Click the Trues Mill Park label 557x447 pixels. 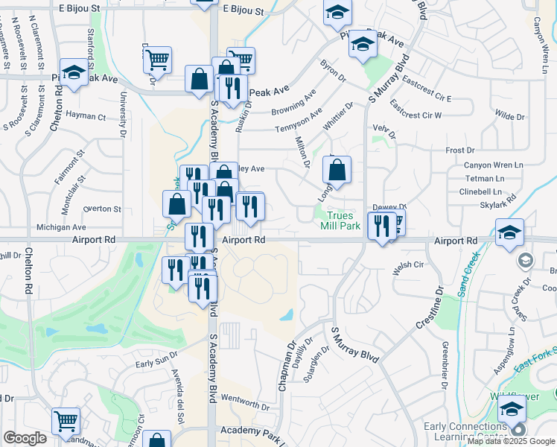pos(341,220)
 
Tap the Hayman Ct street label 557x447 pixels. pos(86,115)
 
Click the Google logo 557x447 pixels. pos(25,438)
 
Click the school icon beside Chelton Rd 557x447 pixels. pos(74,73)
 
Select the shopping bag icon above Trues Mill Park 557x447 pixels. pos(337,169)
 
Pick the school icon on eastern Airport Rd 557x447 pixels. pos(510,232)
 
